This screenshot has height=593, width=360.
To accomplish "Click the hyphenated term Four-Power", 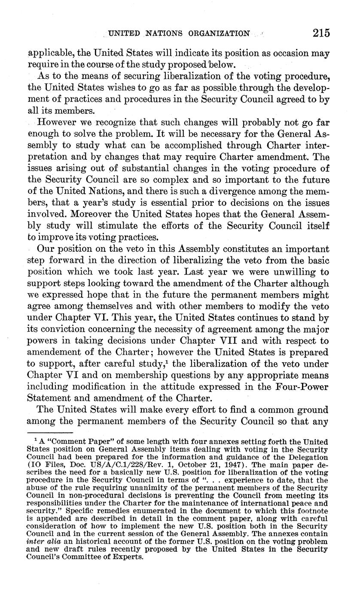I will (x=304, y=387).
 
